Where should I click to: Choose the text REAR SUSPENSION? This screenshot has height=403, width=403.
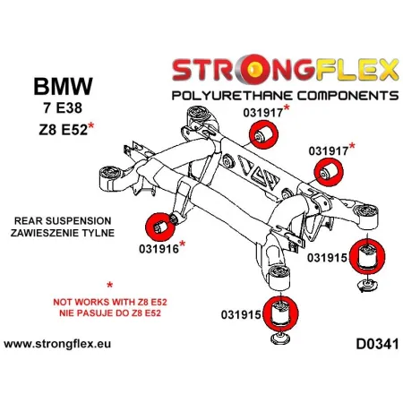click(x=62, y=220)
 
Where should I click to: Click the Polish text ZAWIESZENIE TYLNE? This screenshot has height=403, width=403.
click(x=62, y=233)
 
